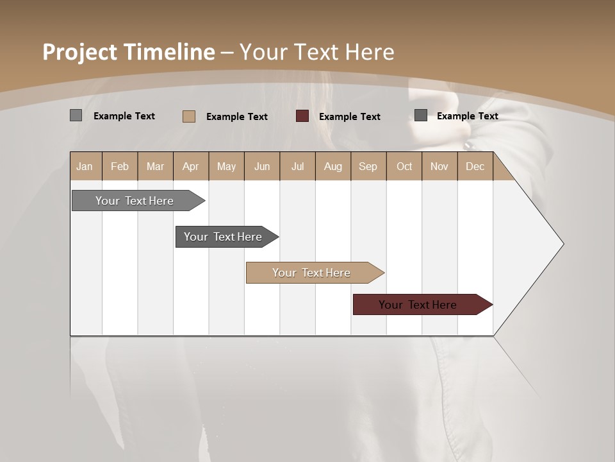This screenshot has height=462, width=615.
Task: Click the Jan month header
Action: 85,167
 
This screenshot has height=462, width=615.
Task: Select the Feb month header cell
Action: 120,167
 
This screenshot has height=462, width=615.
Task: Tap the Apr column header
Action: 191,167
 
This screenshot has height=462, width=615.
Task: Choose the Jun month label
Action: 262,167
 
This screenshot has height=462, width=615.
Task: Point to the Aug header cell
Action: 333,167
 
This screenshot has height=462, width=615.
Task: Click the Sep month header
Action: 368,167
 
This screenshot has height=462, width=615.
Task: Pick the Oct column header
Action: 404,167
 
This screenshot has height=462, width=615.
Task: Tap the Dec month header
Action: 475,167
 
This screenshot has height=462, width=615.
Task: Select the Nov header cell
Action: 439,167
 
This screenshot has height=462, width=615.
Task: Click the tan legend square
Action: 189,116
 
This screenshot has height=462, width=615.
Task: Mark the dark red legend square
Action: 302,116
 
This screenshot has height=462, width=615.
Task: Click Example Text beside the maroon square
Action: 350,117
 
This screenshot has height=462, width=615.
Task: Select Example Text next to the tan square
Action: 237,117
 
